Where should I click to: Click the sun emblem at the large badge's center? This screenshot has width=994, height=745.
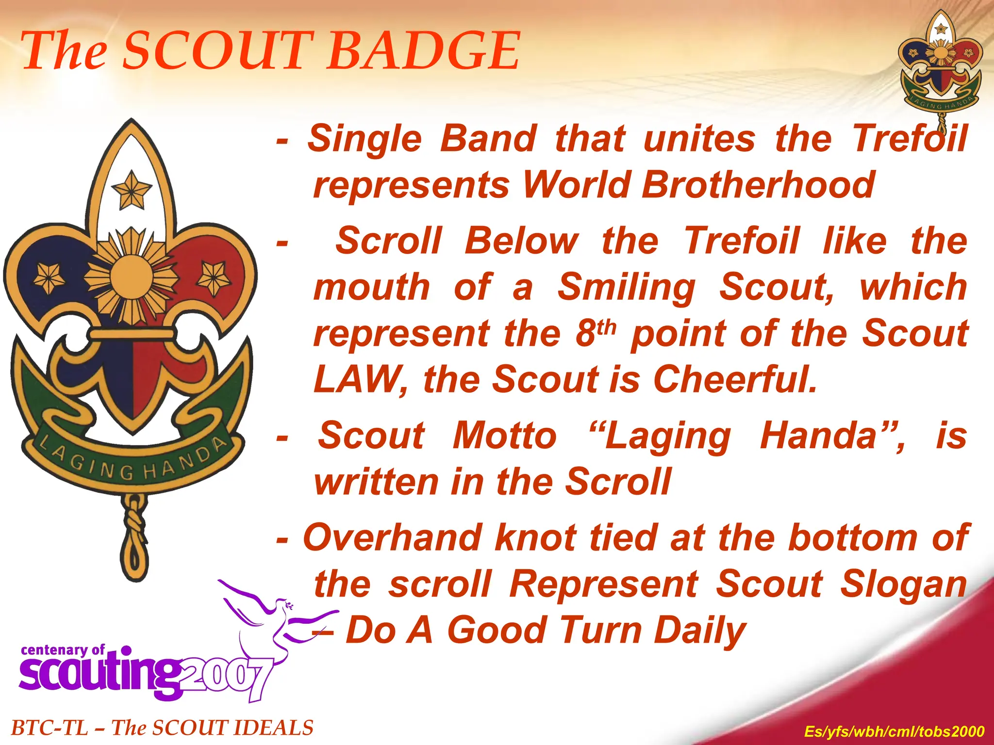(131, 276)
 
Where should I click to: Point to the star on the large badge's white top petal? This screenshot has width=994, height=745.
(131, 190)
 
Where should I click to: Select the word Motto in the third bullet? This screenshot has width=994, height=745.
(505, 436)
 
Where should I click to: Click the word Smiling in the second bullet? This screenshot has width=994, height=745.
(626, 287)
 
